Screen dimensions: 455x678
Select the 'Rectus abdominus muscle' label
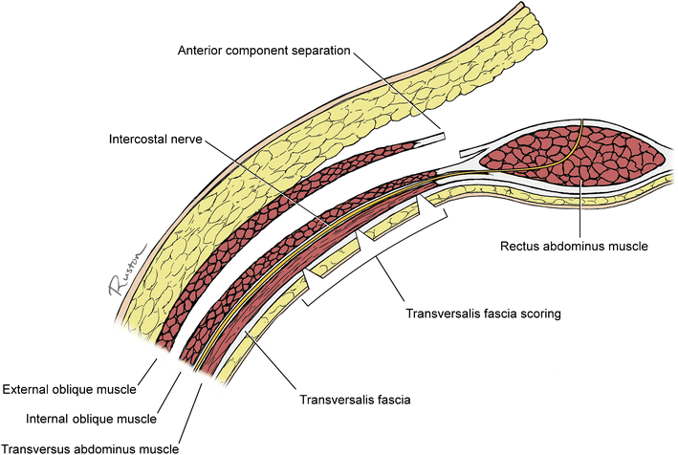pyautogui.click(x=575, y=246)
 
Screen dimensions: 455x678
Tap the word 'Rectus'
pyautogui.click(x=520, y=246)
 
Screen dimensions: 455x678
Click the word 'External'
pyautogui.click(x=27, y=390)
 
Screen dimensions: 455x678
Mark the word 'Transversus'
pyautogui.click(x=37, y=444)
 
